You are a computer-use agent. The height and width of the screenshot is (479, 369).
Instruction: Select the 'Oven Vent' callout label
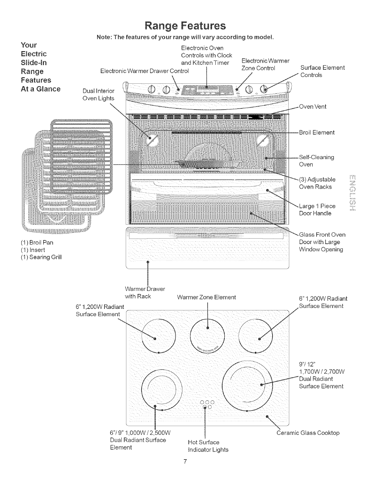point(313,107)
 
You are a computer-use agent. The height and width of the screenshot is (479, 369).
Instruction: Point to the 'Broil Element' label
point(317,132)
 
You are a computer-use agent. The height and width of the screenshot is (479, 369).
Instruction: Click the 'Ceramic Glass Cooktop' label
point(308,433)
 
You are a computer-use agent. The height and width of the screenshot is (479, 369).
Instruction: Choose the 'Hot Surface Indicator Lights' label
point(208,446)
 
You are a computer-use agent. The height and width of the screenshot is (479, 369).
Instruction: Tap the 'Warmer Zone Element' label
point(206,297)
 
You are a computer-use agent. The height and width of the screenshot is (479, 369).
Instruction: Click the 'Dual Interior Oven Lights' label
point(98,95)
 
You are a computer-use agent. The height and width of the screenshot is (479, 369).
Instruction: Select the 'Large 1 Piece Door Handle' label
point(317,210)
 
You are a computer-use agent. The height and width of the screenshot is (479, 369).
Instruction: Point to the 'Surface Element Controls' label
point(322,71)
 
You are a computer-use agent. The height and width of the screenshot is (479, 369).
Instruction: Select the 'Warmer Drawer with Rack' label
point(145,292)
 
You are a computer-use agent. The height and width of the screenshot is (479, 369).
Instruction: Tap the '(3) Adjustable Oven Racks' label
point(317,183)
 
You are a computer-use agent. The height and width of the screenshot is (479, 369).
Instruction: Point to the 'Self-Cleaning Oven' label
point(316,161)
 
